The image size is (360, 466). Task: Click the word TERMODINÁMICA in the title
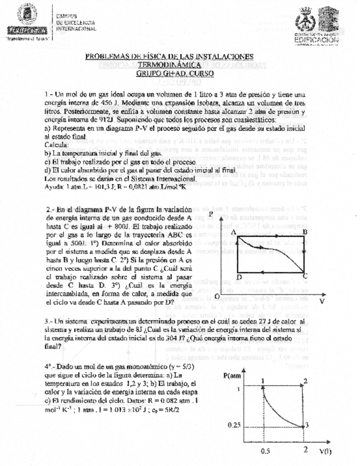(169, 65)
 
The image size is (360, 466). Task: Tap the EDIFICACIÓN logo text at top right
(316, 40)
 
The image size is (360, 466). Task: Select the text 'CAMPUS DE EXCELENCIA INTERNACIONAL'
(76, 22)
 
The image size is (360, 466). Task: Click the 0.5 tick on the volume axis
(265, 451)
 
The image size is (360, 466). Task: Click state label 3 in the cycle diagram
(307, 424)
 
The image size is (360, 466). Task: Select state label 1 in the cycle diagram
(263, 381)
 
